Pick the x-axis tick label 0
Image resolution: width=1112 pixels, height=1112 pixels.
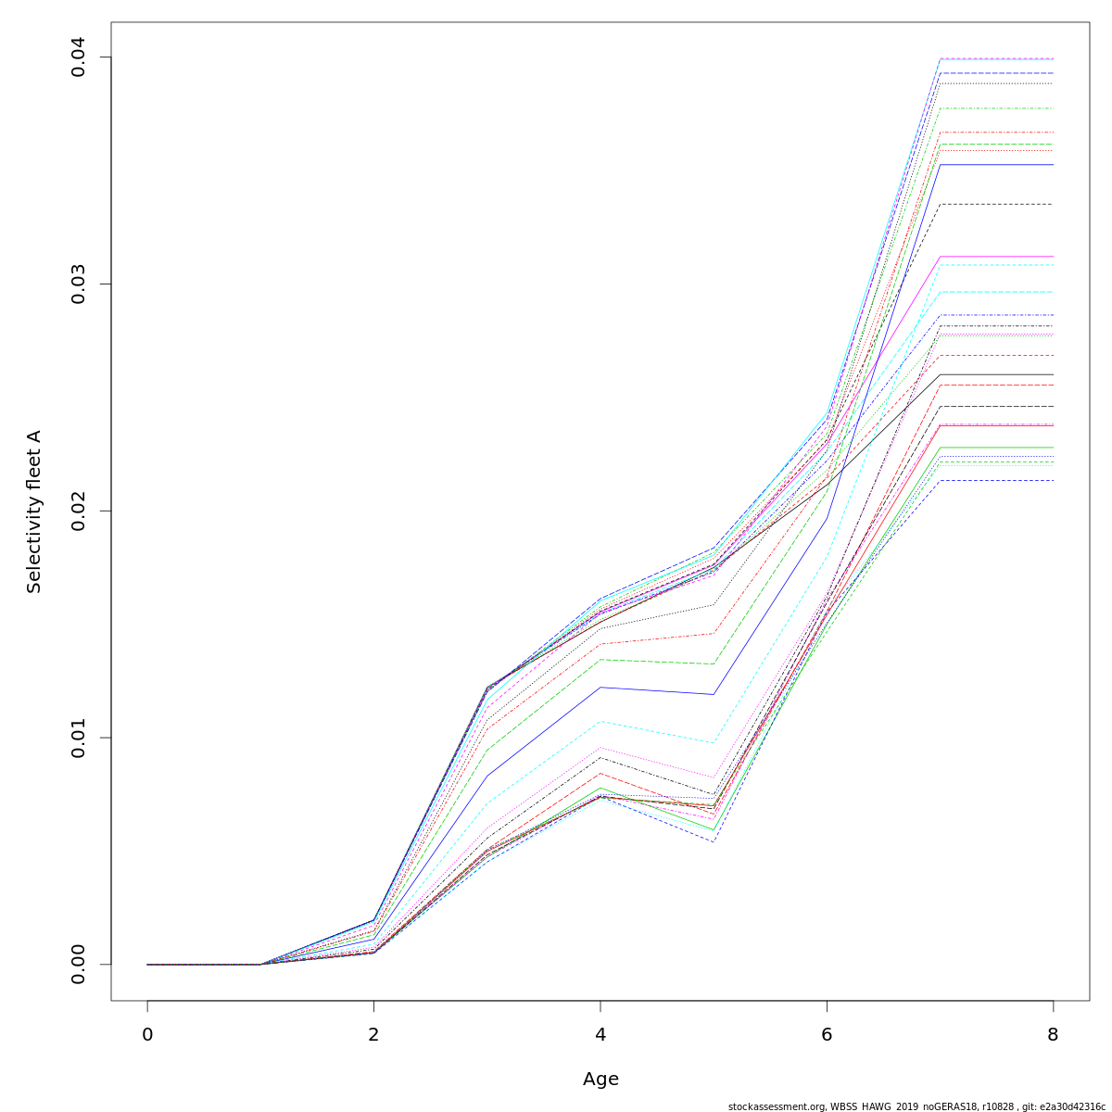pos(147,1035)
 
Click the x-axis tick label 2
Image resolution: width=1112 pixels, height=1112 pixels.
pos(373,1035)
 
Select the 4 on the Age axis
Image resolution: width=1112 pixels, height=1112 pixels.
pos(600,1035)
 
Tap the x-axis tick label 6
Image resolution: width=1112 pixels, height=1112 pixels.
pos(827,1035)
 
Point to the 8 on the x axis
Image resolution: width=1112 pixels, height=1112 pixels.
pos(1053,1035)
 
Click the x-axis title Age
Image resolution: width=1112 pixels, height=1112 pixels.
pos(600,1080)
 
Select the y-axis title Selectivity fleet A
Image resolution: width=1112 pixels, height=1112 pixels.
pos(34,511)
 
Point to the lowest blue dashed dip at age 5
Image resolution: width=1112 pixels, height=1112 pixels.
pos(713,840)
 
